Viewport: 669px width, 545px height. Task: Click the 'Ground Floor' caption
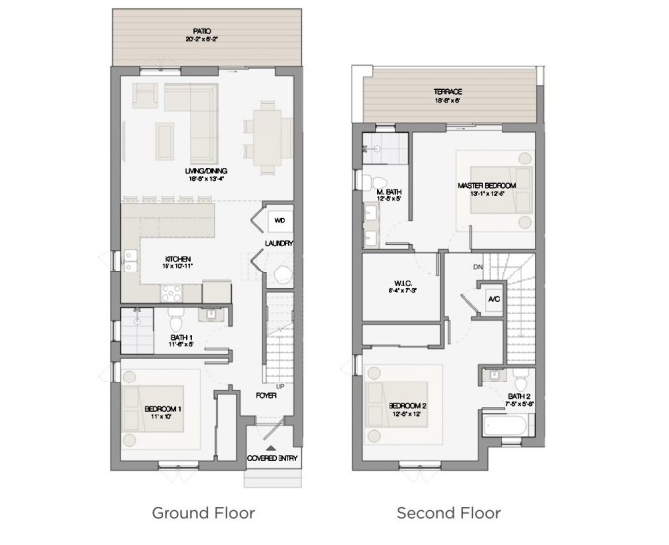(x=202, y=513)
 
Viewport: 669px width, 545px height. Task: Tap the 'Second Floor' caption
(x=448, y=513)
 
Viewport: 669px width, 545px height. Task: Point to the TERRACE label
(x=448, y=92)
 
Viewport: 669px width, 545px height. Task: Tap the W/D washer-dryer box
(x=279, y=220)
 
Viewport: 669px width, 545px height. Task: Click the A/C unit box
(x=492, y=297)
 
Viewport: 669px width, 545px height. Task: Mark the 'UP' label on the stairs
(x=281, y=384)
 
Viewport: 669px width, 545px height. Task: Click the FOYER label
(x=265, y=395)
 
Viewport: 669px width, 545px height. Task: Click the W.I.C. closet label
(x=401, y=286)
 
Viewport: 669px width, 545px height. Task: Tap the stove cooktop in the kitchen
(x=171, y=290)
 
